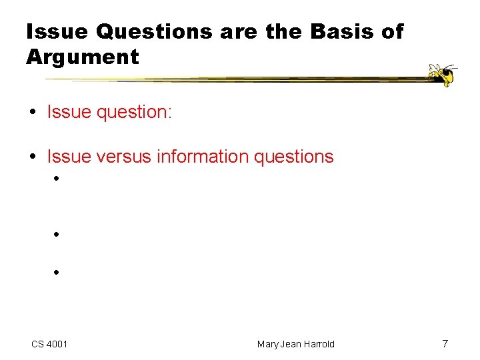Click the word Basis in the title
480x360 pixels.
point(341,32)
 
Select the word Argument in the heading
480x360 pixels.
point(83,57)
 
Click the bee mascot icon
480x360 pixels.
point(442,75)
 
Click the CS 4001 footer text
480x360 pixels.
point(49,344)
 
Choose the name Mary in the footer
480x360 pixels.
point(269,344)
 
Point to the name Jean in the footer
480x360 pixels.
point(291,344)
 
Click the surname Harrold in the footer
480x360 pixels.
point(319,344)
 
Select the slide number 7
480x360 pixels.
point(445,343)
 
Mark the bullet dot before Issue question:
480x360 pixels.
point(33,111)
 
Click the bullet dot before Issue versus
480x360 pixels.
point(33,157)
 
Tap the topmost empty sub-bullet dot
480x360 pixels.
point(58,179)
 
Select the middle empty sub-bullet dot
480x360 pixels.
point(58,235)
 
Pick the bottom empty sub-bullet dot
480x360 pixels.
point(58,272)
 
